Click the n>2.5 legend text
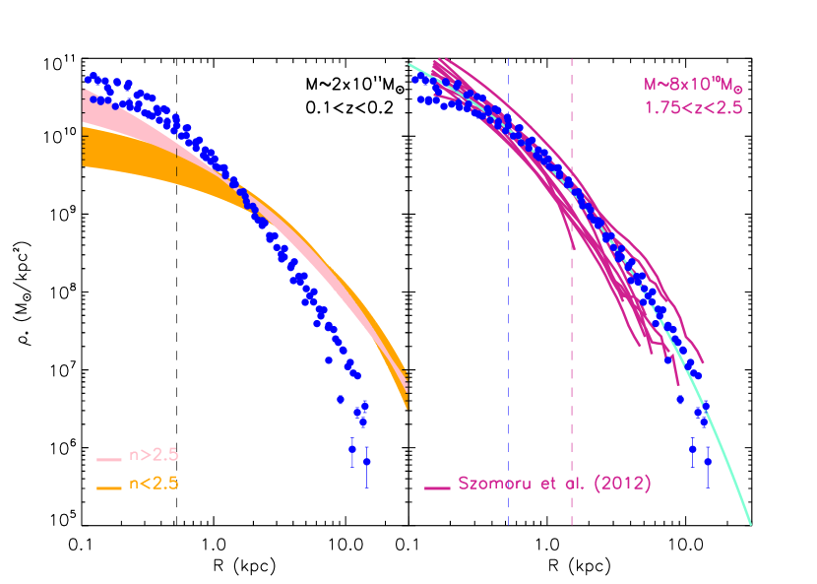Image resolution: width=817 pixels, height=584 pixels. click(154, 456)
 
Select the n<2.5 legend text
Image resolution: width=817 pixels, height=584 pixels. click(154, 484)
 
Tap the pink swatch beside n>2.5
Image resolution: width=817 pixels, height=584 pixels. click(108, 459)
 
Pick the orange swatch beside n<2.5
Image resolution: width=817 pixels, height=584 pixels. click(108, 487)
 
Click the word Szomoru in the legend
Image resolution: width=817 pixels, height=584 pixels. click(493, 484)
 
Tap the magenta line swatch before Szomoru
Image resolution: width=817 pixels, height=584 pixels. click(438, 487)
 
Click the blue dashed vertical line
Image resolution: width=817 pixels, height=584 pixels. click(508, 295)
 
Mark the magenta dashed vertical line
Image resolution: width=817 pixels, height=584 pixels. click(572, 295)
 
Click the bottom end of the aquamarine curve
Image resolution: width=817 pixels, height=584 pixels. click(751, 523)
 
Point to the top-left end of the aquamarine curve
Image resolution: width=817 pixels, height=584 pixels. click(410, 65)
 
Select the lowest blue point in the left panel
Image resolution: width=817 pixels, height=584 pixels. click(367, 462)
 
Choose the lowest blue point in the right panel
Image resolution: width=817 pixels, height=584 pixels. click(708, 461)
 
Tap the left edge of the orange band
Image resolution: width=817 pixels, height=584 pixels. click(84, 147)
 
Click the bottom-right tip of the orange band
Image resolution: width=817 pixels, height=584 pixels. click(408, 406)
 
